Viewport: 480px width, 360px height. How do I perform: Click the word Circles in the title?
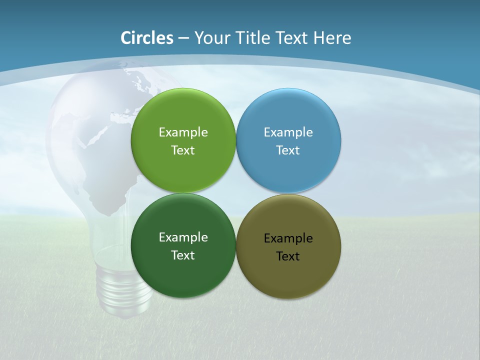click(x=147, y=38)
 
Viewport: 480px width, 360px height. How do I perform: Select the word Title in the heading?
click(x=253, y=38)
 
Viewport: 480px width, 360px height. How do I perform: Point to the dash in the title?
click(x=183, y=38)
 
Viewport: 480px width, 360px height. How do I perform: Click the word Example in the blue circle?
click(x=288, y=132)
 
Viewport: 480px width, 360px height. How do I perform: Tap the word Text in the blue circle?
click(x=288, y=150)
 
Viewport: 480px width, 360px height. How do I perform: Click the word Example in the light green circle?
click(x=183, y=132)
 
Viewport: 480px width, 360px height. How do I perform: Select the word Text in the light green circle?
click(x=183, y=150)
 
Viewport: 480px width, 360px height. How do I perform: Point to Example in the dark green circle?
click(x=183, y=237)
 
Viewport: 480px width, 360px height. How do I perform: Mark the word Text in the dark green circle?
click(x=183, y=255)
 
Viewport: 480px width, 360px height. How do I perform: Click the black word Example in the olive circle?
click(x=288, y=238)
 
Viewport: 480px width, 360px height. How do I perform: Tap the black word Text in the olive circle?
click(x=288, y=256)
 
